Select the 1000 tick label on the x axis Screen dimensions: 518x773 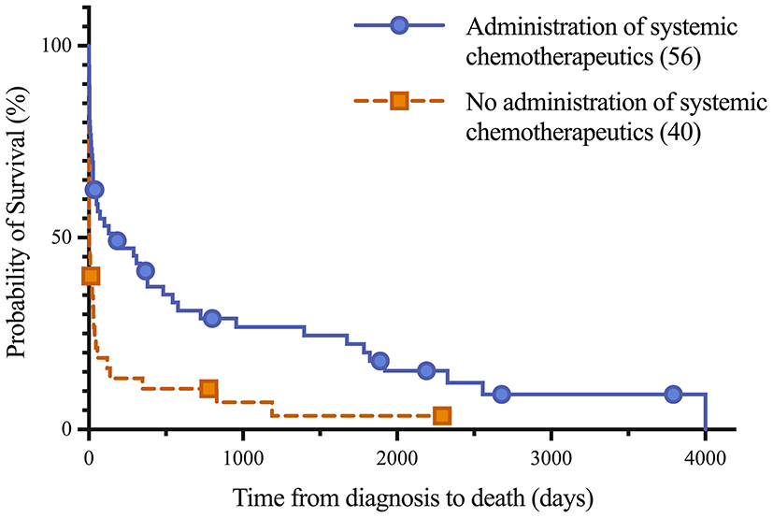pyautogui.click(x=242, y=458)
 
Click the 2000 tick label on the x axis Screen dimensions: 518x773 pyautogui.click(x=396, y=458)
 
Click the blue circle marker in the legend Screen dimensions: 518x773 pyautogui.click(x=399, y=26)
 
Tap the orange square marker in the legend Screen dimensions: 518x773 pyautogui.click(x=399, y=101)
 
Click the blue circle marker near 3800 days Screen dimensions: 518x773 pyautogui.click(x=674, y=395)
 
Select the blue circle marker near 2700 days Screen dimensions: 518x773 pyautogui.click(x=502, y=395)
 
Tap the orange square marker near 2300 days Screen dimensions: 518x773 pyautogui.click(x=442, y=415)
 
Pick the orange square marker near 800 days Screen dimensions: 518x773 pyautogui.click(x=208, y=389)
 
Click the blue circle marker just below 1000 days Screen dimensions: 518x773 pyautogui.click(x=212, y=318)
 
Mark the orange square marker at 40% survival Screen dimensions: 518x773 pyautogui.click(x=91, y=276)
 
